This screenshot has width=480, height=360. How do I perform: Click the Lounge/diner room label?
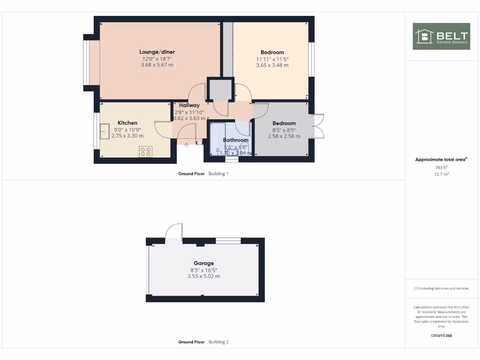[x=157, y=52]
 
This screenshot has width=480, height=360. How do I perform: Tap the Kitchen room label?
[x=127, y=123]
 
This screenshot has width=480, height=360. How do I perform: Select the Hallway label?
[x=189, y=105]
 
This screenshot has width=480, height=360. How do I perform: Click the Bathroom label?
[x=235, y=140]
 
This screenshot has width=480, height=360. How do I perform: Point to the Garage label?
[x=204, y=263]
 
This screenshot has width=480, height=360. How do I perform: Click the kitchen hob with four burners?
[x=146, y=151]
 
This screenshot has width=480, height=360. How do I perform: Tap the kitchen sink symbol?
[x=104, y=131]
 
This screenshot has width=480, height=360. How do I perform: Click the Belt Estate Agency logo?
[x=441, y=36]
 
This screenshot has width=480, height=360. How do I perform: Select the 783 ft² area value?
[x=441, y=167]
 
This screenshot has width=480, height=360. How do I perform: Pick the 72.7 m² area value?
[x=441, y=174]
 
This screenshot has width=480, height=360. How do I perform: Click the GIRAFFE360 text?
[x=441, y=336]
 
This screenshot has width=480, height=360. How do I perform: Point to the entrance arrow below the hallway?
[x=187, y=145]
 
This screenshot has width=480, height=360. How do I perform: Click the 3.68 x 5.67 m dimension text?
[x=157, y=65]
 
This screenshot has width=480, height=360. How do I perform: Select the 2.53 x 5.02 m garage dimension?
[x=204, y=277]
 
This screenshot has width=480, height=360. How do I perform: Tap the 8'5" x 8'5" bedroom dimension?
[x=284, y=130]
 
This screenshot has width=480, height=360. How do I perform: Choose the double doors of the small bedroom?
[x=318, y=126]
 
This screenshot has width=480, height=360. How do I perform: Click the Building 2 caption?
[x=218, y=342]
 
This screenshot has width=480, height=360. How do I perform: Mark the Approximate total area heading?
[x=441, y=160]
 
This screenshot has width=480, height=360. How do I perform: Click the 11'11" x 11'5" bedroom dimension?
[x=272, y=59]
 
